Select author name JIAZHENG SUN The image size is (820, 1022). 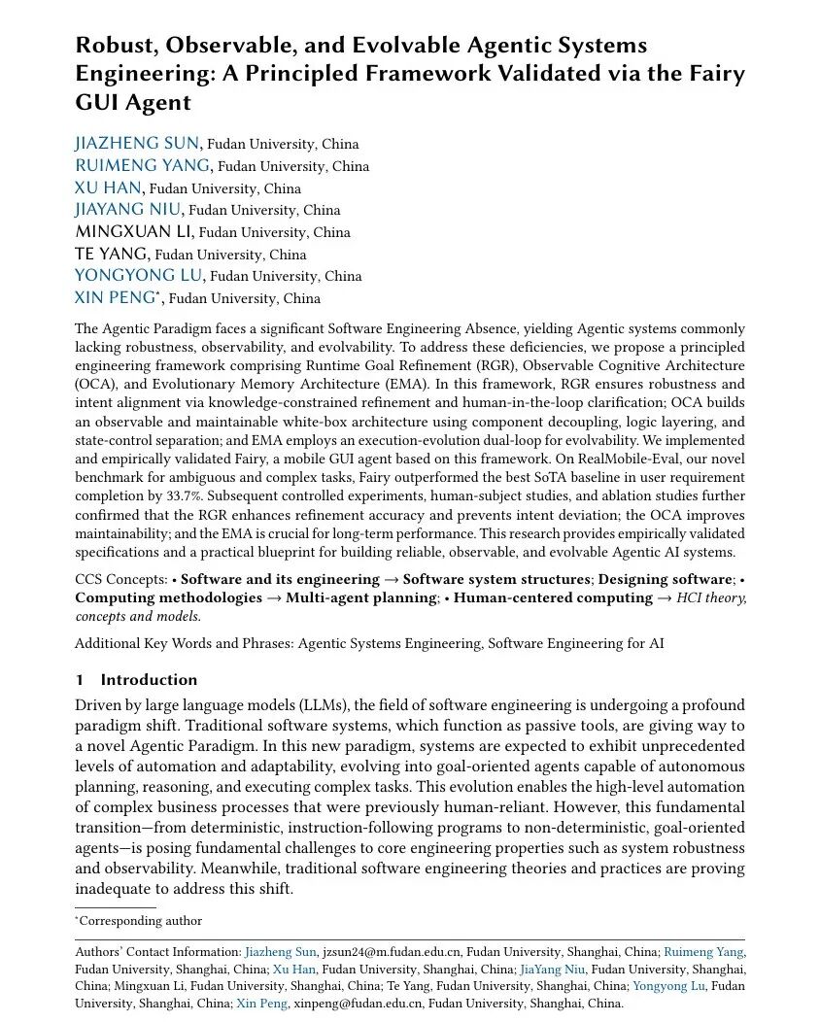click(136, 144)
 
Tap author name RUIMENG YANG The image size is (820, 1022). click(144, 166)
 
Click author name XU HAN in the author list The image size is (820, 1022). click(108, 187)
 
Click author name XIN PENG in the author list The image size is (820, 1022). click(114, 298)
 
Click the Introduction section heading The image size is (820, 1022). click(149, 680)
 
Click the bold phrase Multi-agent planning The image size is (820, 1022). click(361, 597)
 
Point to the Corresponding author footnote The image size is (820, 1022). click(141, 921)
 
